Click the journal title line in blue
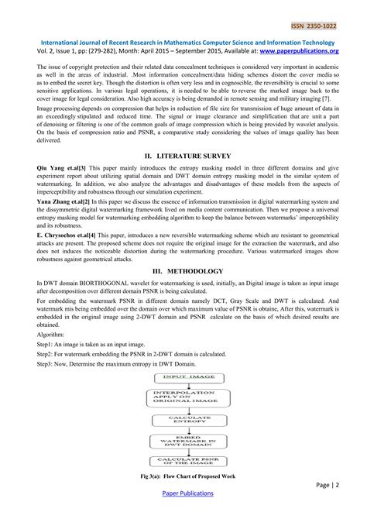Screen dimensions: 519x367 click(x=183, y=42)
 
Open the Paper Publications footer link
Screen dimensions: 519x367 click(x=183, y=504)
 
